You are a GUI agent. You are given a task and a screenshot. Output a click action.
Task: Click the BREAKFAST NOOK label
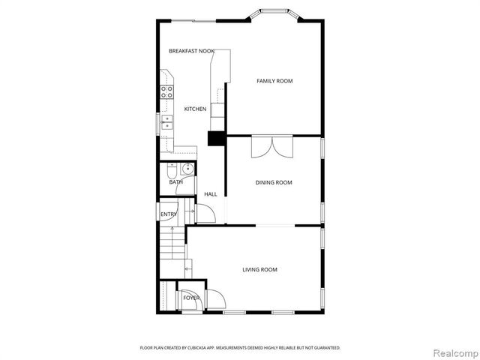(191, 51)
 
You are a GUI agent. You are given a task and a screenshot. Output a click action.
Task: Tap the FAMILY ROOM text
(274, 81)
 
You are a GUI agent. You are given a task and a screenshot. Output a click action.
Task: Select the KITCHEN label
(195, 109)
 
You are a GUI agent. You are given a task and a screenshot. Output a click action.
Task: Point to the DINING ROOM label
(274, 182)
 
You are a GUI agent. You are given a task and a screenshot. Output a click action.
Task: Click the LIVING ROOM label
(259, 269)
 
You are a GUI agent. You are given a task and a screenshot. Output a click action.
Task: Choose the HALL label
(211, 194)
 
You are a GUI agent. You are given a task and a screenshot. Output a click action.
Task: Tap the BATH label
(175, 182)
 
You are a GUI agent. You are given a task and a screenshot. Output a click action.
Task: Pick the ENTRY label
(168, 215)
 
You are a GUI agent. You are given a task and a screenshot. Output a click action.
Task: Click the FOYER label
(191, 298)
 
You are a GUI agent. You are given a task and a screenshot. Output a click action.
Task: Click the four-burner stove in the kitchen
(166, 92)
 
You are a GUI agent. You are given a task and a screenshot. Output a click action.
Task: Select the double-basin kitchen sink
(166, 123)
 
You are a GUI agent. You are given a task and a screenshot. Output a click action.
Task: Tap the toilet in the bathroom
(172, 168)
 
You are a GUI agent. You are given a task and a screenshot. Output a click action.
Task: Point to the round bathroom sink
(187, 168)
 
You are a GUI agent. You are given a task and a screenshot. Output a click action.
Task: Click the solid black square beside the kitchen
(217, 139)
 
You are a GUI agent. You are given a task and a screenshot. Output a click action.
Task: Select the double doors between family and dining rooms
(274, 146)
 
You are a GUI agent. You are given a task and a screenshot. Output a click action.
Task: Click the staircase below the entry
(172, 251)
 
